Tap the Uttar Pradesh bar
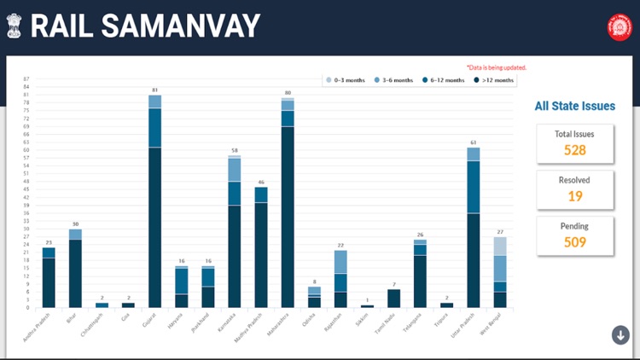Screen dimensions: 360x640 pyautogui.click(x=473, y=227)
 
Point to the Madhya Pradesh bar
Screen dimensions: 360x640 pyautogui.click(x=261, y=247)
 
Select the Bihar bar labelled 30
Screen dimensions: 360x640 pyautogui.click(x=76, y=268)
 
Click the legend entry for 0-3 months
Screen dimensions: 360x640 pyautogui.click(x=345, y=80)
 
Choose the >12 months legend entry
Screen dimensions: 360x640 pyautogui.click(x=494, y=80)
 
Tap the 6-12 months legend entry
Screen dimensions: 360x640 pyautogui.click(x=444, y=80)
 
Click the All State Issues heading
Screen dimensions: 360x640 pyautogui.click(x=574, y=107)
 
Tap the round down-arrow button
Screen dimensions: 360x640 pyautogui.click(x=620, y=334)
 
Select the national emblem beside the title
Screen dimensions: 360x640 pyautogui.click(x=15, y=26)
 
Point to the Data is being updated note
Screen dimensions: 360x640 pyautogui.click(x=496, y=67)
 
